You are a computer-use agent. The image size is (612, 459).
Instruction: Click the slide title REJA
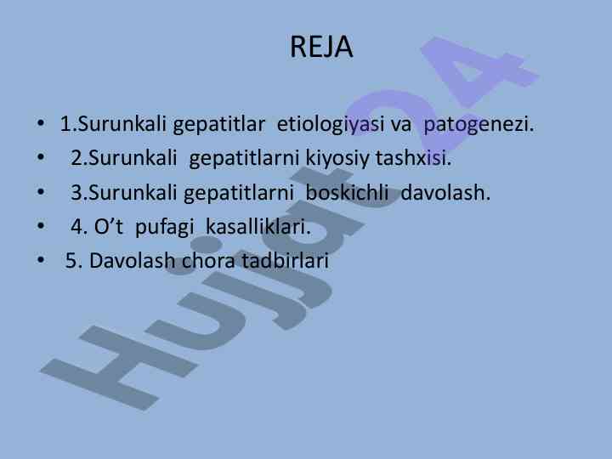(321, 48)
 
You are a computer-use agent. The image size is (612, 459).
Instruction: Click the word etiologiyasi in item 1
(331, 125)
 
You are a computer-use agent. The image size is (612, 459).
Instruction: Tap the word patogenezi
(479, 125)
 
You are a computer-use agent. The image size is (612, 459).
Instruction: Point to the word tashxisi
(413, 158)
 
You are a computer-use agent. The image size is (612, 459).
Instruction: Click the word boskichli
(347, 192)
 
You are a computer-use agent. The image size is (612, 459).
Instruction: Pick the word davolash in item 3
(445, 192)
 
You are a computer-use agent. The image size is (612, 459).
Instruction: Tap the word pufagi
(164, 227)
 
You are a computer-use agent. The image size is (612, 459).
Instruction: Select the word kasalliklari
(258, 226)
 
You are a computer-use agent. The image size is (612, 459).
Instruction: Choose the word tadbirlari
(285, 261)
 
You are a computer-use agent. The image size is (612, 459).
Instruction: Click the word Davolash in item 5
(132, 261)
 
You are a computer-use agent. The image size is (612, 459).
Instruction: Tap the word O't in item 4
(109, 227)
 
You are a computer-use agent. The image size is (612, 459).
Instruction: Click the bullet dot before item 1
(41, 123)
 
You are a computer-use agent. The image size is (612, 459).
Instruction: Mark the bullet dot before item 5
(41, 259)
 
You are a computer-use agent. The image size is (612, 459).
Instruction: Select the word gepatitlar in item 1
(219, 125)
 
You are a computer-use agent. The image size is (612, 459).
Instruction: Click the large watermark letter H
(119, 367)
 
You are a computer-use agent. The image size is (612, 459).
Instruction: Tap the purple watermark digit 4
(480, 71)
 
